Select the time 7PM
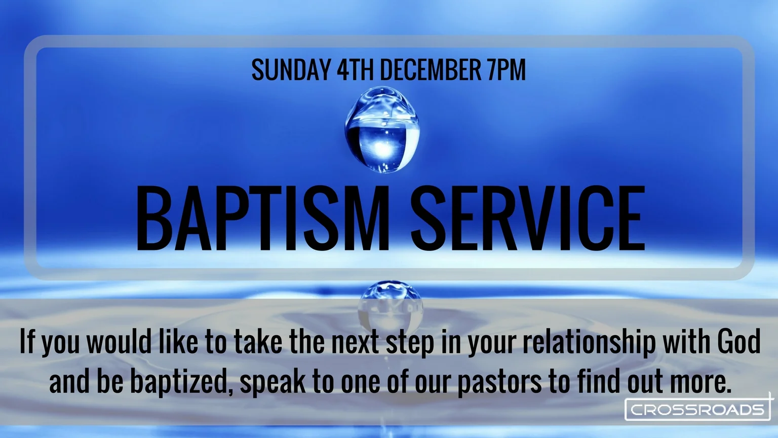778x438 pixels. click(x=507, y=70)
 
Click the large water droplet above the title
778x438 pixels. click(x=383, y=130)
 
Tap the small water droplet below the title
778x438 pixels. click(x=390, y=304)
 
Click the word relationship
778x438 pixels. click(x=589, y=342)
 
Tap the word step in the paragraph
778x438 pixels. click(x=410, y=343)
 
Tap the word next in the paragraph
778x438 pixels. click(x=355, y=342)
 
